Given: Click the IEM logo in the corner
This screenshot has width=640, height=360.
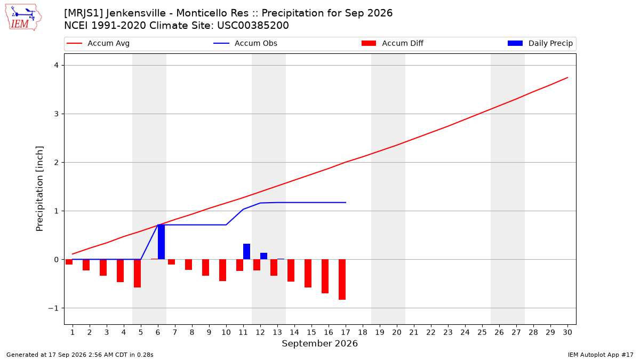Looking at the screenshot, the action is pyautogui.click(x=23, y=18).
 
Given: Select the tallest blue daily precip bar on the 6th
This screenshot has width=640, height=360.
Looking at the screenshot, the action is pyautogui.click(x=161, y=242).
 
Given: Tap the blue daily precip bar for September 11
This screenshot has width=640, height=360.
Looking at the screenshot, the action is pyautogui.click(x=246, y=251).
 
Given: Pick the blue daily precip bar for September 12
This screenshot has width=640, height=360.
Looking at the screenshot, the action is pyautogui.click(x=263, y=256).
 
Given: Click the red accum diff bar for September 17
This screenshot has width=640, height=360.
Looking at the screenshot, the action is pyautogui.click(x=342, y=279).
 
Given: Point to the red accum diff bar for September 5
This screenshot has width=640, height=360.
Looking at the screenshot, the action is pyautogui.click(x=137, y=274).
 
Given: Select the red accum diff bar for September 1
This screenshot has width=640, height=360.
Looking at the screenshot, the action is pyautogui.click(x=69, y=262).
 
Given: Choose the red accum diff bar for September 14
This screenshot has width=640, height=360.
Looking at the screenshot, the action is pyautogui.click(x=291, y=270).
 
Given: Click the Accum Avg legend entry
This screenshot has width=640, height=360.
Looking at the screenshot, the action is pyautogui.click(x=98, y=43).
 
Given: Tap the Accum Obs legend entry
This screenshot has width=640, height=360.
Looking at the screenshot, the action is pyautogui.click(x=245, y=43).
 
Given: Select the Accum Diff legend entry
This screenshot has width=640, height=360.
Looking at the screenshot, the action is pyautogui.click(x=393, y=43).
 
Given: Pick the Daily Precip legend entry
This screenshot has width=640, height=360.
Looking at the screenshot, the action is pyautogui.click(x=540, y=43).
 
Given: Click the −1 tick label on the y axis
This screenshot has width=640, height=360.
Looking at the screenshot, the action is pyautogui.click(x=53, y=308).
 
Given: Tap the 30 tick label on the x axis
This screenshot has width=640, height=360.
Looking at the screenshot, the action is pyautogui.click(x=567, y=332).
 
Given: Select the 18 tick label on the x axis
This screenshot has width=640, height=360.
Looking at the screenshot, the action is pyautogui.click(x=363, y=332).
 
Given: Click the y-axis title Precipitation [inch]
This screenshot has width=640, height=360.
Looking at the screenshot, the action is pyautogui.click(x=39, y=189).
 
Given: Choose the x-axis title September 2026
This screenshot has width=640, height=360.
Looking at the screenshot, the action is pyautogui.click(x=319, y=343).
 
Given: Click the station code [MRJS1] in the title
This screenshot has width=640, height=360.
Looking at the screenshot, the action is pyautogui.click(x=83, y=13).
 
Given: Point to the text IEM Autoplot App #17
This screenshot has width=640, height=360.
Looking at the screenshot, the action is pyautogui.click(x=601, y=355).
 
